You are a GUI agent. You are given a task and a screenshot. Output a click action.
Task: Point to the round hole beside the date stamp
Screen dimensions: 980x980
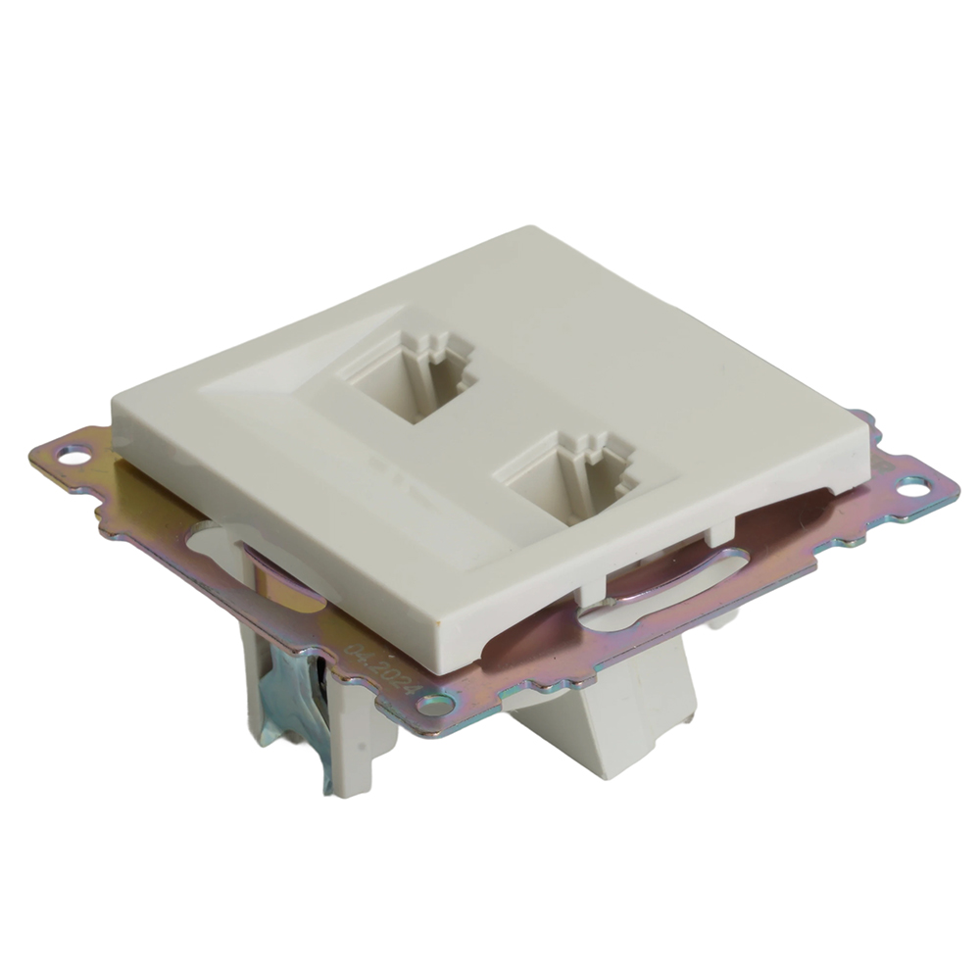pos(434,704)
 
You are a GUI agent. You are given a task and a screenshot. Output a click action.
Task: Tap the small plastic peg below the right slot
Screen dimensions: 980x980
pos(720,615)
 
